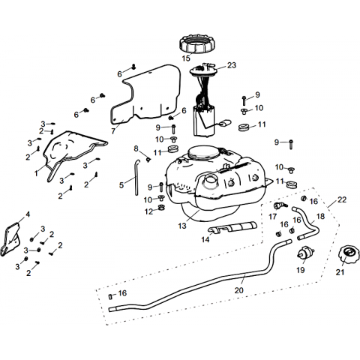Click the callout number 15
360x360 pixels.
(x=186, y=58)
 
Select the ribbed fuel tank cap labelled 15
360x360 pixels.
(x=198, y=44)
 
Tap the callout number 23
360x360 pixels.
(x=232, y=65)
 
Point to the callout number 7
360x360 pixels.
(x=113, y=131)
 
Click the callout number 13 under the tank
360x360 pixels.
(x=182, y=226)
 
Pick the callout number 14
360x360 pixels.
(x=205, y=239)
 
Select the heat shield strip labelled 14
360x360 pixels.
(x=232, y=227)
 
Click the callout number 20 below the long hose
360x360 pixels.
(x=239, y=290)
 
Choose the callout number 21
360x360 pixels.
(x=340, y=272)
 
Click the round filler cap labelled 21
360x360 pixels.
(x=348, y=253)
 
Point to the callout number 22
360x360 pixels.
(x=342, y=199)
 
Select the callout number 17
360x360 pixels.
(x=273, y=217)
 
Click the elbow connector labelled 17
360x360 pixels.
(x=280, y=205)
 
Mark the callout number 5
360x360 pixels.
(x=121, y=185)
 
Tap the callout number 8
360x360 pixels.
(x=136, y=148)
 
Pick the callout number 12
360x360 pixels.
(x=149, y=211)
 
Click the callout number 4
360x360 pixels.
(x=28, y=214)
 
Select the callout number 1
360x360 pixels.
(x=36, y=173)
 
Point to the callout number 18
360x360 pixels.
(x=320, y=216)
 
